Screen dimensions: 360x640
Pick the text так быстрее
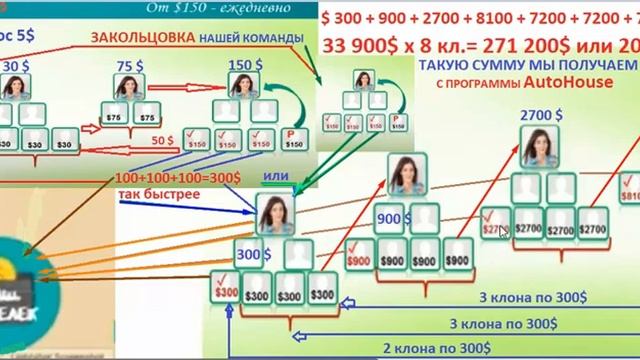point(157,193)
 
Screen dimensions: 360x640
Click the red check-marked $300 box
point(226,292)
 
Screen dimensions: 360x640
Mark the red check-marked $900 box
point(358,257)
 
